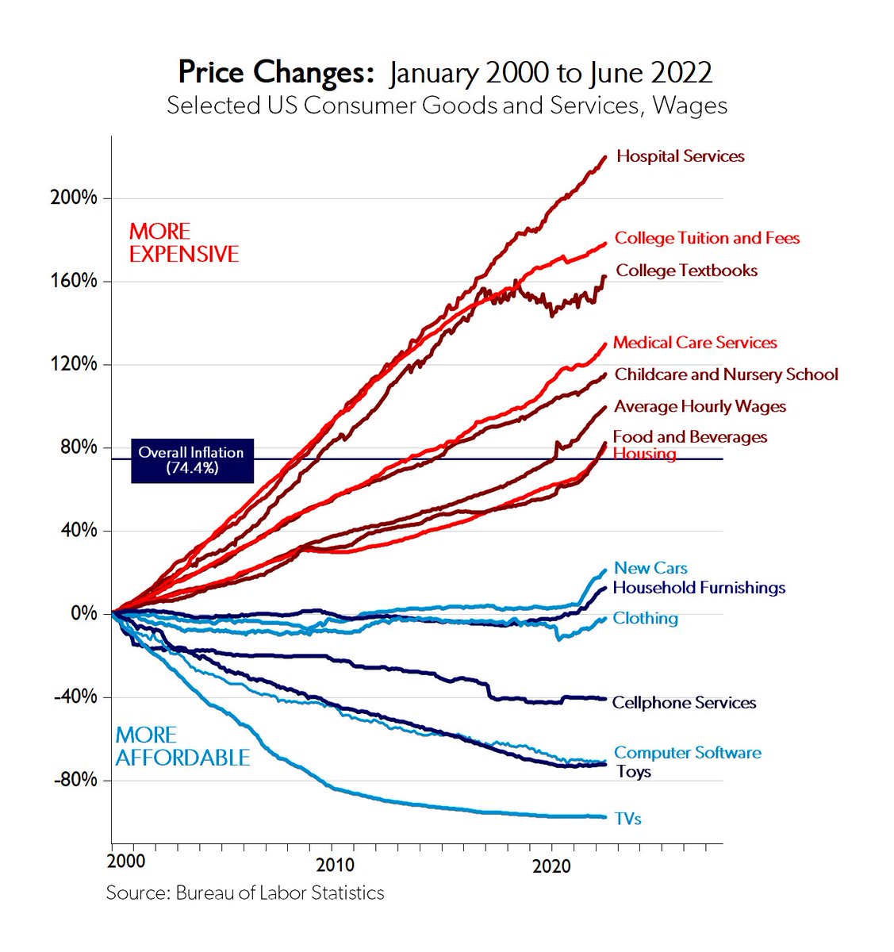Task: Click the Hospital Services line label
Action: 680,156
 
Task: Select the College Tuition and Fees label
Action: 707,238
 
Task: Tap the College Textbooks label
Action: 686,271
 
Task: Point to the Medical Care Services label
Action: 694,343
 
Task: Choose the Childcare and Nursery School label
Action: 726,374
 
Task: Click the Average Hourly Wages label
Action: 700,406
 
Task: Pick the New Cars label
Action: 650,568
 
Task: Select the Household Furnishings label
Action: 699,588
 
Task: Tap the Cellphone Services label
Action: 684,703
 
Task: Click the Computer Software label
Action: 687,752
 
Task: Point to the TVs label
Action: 627,819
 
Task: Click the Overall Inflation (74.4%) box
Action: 191,460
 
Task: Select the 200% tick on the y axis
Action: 74,198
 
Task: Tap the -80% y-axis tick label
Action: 75,780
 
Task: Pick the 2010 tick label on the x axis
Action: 335,865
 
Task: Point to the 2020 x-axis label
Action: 551,865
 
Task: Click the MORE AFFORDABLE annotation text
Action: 182,747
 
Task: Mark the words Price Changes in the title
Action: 275,73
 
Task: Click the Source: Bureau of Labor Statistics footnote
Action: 245,892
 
